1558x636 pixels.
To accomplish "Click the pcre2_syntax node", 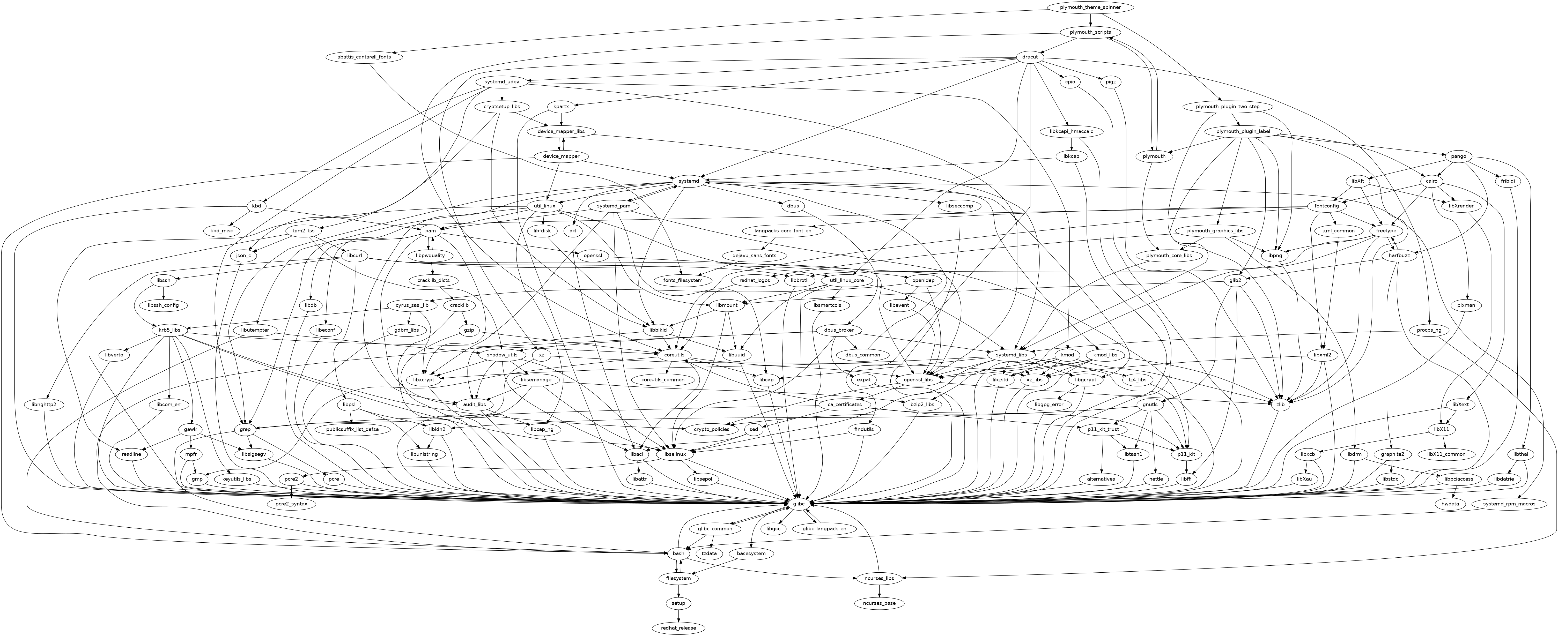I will (292, 504).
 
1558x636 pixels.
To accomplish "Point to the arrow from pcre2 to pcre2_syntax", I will (292, 491).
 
